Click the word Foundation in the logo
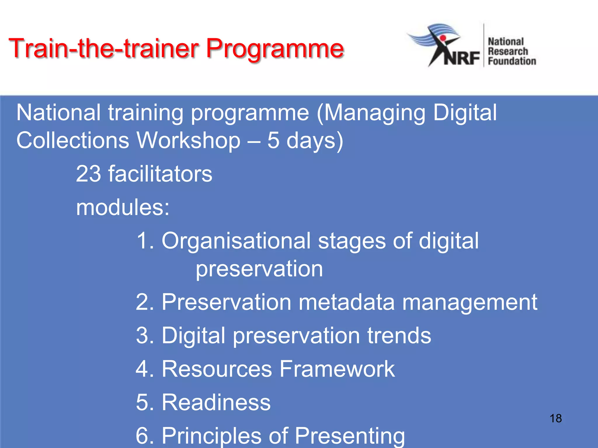coord(512,61)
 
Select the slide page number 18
coord(555,418)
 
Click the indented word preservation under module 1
coord(259,269)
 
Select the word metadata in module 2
coord(346,302)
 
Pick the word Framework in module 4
coord(337,369)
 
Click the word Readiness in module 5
coord(216,402)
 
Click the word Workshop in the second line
coord(189,141)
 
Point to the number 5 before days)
coord(273,141)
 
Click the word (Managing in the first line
coord(371,113)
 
